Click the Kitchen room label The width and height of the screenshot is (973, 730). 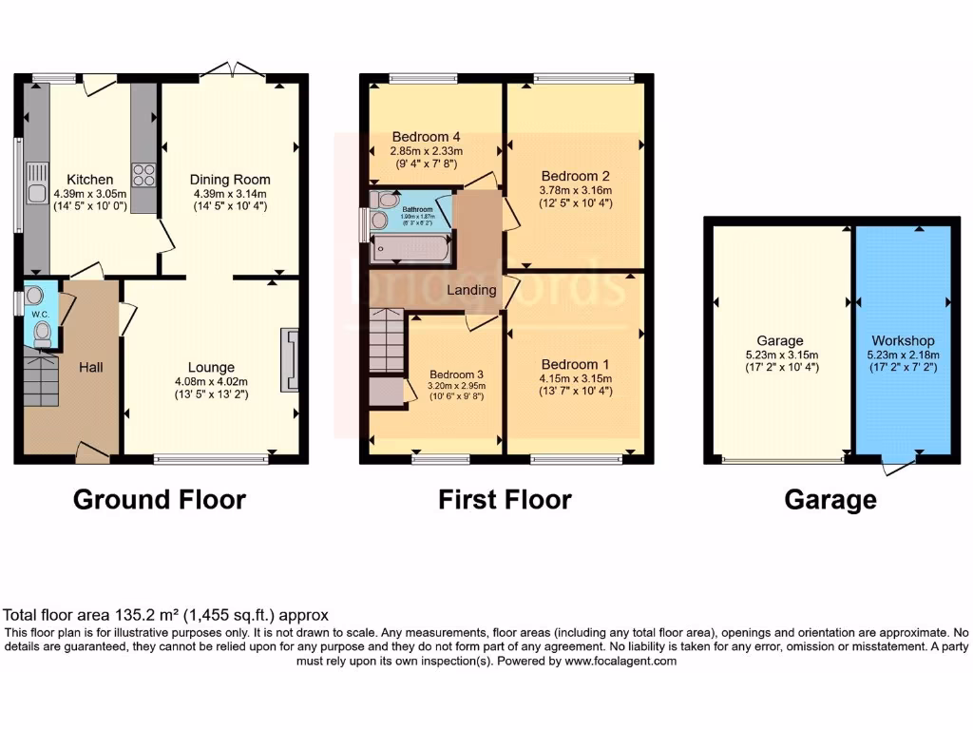click(90, 180)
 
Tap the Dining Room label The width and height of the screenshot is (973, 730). click(230, 180)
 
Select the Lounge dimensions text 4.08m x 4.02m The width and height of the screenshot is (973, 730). click(211, 382)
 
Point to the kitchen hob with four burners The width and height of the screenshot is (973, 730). click(143, 174)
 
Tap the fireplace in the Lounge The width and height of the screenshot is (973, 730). click(289, 360)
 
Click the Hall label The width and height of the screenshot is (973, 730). click(90, 367)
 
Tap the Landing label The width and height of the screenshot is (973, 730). click(472, 290)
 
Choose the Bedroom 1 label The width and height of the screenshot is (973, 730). click(575, 365)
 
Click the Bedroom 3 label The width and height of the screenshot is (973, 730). click(456, 374)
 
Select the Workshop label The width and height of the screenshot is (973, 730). click(903, 340)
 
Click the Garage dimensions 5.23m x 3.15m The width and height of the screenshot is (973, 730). click(780, 355)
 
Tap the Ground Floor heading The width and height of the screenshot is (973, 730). click(160, 499)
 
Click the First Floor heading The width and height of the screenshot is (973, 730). click(505, 499)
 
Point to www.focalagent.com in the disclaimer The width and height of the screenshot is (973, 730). click(620, 662)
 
